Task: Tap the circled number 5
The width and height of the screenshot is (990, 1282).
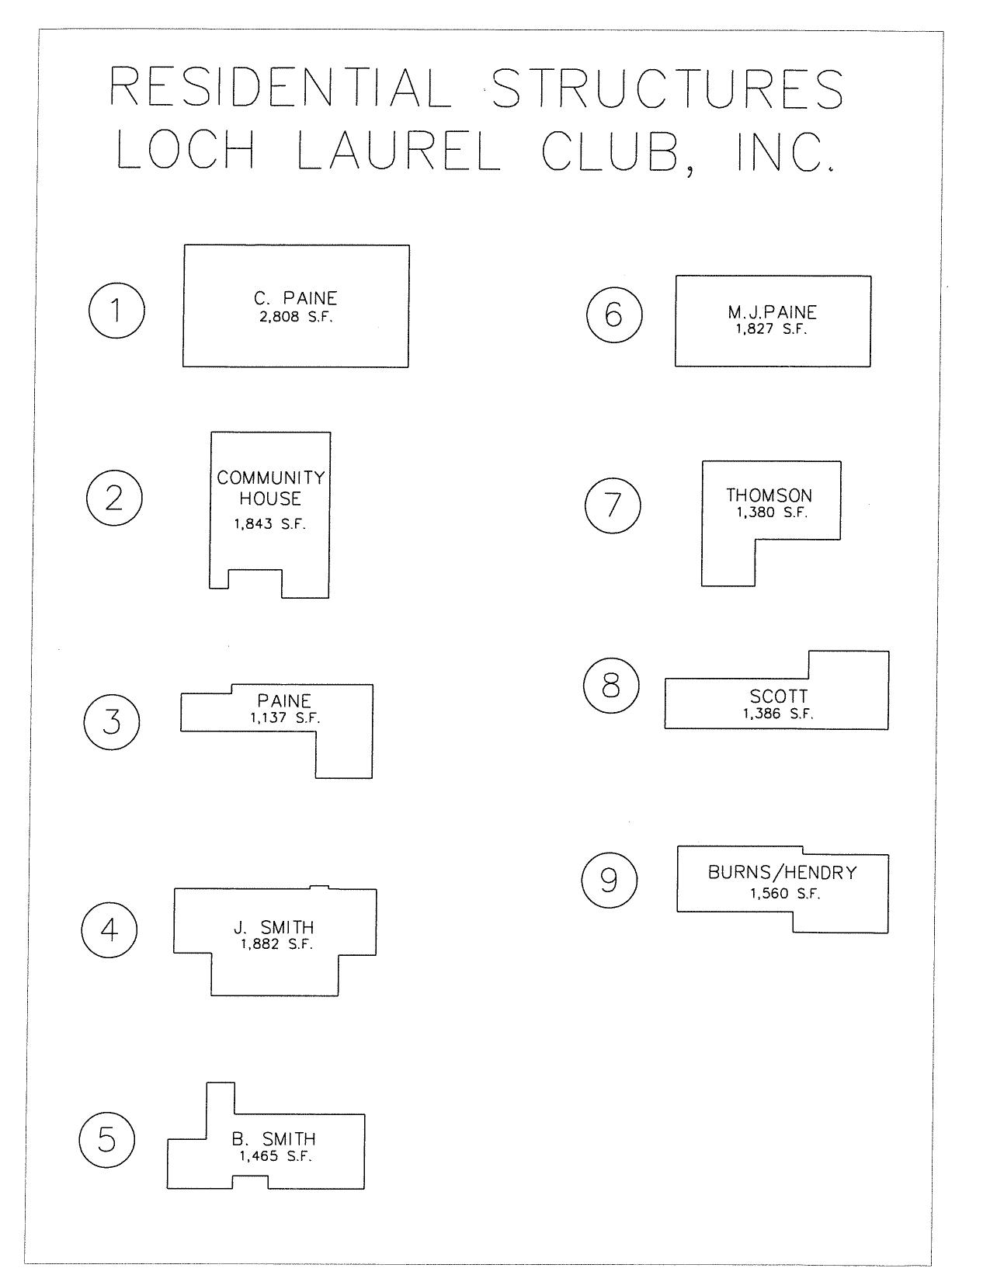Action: click(x=107, y=1139)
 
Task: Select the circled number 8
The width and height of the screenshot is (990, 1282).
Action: click(x=611, y=686)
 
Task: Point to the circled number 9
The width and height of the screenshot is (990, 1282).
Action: click(x=610, y=880)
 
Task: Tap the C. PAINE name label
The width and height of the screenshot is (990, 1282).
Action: click(x=295, y=298)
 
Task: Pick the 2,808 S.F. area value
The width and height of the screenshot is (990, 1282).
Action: click(x=296, y=317)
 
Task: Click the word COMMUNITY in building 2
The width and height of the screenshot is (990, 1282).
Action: click(x=271, y=478)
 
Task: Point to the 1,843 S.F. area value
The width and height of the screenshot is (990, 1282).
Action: click(x=270, y=524)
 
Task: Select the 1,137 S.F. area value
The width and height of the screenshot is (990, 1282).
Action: click(x=285, y=718)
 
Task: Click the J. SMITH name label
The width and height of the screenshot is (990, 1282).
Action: click(x=274, y=927)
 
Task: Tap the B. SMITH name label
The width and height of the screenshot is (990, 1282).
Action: click(x=274, y=1139)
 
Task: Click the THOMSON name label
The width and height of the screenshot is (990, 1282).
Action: click(x=769, y=495)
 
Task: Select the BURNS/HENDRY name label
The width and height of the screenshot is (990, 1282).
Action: click(x=783, y=872)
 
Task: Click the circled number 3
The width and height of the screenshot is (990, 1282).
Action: click(x=112, y=721)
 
